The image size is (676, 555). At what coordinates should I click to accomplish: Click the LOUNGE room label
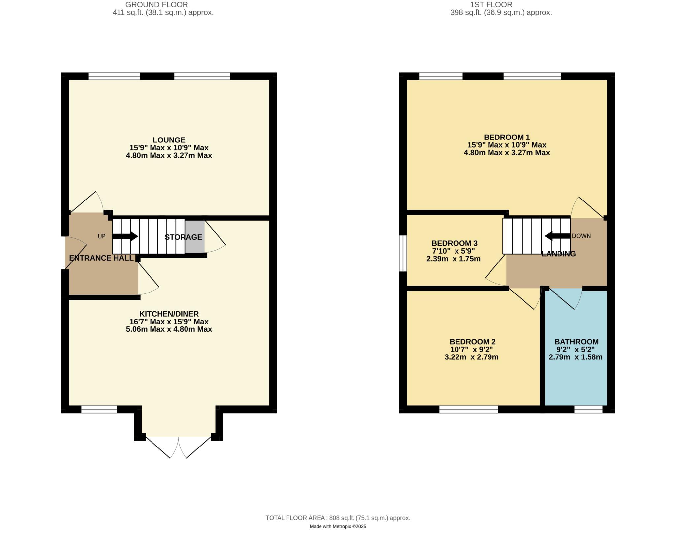(169, 140)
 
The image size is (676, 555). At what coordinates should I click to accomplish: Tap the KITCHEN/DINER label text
(169, 314)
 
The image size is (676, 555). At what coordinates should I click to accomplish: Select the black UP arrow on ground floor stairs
(125, 236)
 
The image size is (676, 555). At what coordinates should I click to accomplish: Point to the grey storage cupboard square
(195, 236)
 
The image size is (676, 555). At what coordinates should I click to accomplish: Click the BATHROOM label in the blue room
(576, 342)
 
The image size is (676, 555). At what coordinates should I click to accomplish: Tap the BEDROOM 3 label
(455, 243)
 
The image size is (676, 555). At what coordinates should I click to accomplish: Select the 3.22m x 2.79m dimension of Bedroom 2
(471, 357)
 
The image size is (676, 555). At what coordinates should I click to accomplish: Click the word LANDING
(558, 254)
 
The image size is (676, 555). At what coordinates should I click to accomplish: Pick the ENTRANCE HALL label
(101, 258)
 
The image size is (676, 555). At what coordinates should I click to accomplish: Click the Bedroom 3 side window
(403, 253)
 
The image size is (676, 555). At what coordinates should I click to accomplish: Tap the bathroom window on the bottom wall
(589, 409)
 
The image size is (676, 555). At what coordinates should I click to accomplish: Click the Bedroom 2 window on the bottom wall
(468, 409)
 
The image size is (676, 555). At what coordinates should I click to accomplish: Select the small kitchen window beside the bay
(99, 409)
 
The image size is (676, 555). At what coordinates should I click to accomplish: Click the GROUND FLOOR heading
(156, 5)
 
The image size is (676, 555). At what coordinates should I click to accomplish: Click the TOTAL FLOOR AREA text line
(338, 518)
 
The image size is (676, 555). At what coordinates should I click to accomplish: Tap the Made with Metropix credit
(338, 527)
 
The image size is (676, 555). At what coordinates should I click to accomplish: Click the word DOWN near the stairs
(581, 236)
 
